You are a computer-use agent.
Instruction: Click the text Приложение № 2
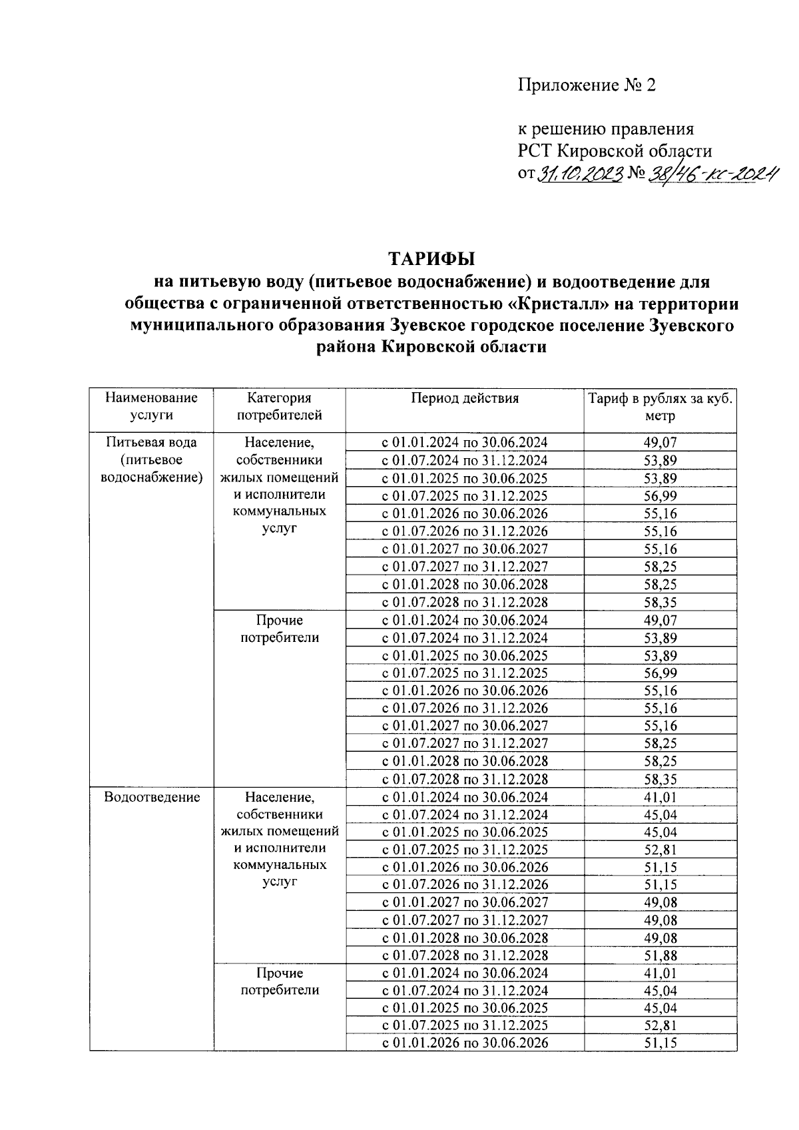coord(587,85)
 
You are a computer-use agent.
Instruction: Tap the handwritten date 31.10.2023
coord(579,174)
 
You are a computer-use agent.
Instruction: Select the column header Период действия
coord(464,398)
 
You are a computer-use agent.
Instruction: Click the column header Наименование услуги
coord(151,406)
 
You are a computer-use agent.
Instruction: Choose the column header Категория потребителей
coord(279,406)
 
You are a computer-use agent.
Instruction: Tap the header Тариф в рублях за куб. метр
coord(660,407)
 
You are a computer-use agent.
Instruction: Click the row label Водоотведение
coord(152,797)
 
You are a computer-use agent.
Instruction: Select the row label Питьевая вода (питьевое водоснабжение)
coord(151,459)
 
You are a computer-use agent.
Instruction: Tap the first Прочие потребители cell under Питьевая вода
coord(279,629)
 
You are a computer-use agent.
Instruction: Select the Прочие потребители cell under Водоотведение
coord(279,982)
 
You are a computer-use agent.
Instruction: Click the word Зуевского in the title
coord(692,326)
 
